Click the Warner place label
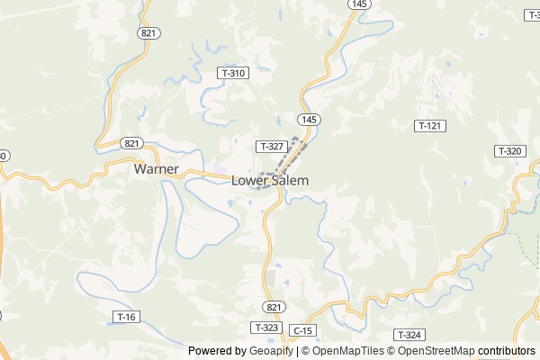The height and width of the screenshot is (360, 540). point(157,168)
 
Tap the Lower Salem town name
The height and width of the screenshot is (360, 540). point(270,180)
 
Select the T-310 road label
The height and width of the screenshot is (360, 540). point(231,72)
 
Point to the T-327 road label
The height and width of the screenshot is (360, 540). point(271,146)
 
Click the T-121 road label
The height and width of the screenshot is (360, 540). point(429,126)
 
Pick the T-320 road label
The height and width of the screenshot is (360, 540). point(508,151)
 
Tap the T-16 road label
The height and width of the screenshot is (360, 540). point(127,316)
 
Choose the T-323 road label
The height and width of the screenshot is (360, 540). point(267,328)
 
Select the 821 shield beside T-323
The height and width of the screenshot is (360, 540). point(275,307)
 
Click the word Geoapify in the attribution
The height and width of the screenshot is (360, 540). point(272,351)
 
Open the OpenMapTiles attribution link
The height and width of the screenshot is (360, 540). point(346,351)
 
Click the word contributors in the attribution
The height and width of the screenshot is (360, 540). point(507,351)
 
